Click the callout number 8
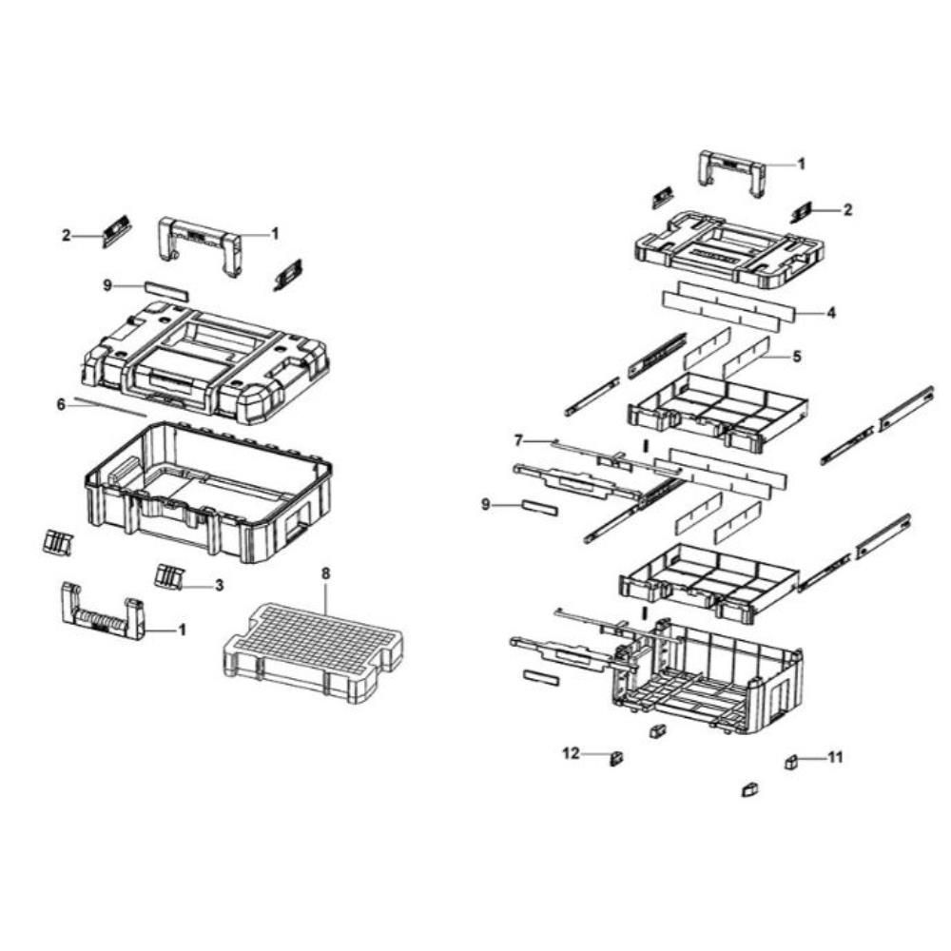[325, 573]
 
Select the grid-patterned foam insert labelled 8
[313, 652]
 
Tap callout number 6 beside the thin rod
[61, 404]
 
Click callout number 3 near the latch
[219, 585]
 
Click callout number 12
[571, 753]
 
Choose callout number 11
[836, 757]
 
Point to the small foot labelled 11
[792, 762]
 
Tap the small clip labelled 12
[617, 758]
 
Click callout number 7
[517, 440]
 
